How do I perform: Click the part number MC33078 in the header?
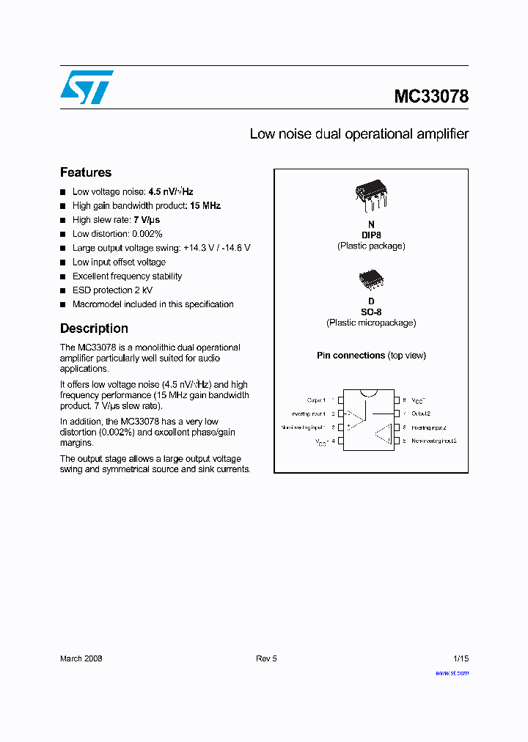(x=431, y=96)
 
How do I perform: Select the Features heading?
(x=86, y=172)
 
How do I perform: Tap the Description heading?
(x=94, y=328)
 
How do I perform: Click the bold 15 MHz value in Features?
(x=205, y=206)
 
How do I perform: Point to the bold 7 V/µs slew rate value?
(x=147, y=220)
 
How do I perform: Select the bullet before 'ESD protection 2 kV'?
(x=63, y=290)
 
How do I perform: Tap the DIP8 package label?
(x=371, y=235)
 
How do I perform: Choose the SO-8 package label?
(x=371, y=312)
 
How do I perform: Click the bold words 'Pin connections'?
(x=351, y=356)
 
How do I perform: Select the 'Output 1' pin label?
(x=315, y=400)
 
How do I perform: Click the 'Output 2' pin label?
(x=421, y=414)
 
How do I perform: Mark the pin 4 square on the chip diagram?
(x=340, y=441)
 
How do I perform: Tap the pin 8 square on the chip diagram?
(x=397, y=400)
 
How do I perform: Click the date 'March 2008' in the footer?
(x=81, y=658)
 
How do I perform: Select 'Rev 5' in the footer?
(x=266, y=658)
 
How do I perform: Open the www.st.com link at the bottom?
(x=452, y=672)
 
